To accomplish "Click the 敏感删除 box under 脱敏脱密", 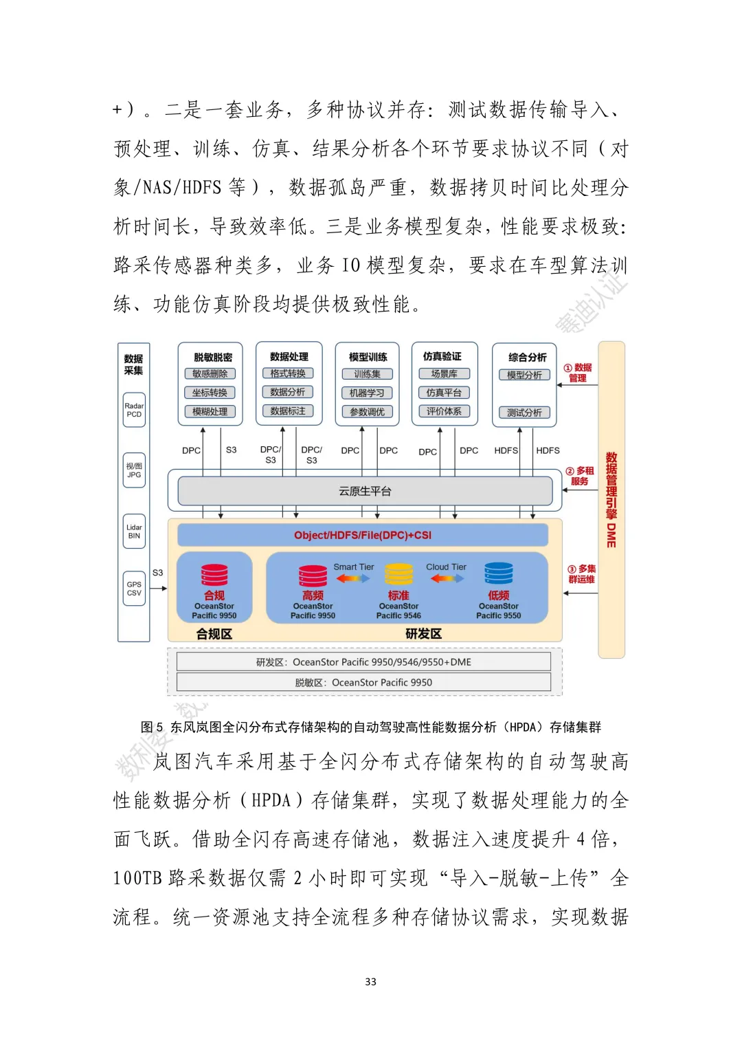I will (210, 373).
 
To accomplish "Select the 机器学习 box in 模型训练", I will (367, 393).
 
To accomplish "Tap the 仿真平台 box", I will (444, 393).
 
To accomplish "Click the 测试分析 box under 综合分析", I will (524, 413).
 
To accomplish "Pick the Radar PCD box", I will (134, 410).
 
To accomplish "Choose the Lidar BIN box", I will (134, 532).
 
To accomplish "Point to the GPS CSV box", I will (134, 589).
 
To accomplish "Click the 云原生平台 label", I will (365, 491).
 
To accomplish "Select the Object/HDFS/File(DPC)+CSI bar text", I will (363, 535).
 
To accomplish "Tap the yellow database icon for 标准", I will (398, 575).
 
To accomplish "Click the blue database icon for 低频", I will (499, 573).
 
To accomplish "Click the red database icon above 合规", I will (214, 575).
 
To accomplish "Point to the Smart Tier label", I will (354, 567).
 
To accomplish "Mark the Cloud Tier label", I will (446, 567).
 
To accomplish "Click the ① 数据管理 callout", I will (578, 373).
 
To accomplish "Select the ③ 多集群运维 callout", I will (581, 574).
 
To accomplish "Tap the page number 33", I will (371, 982).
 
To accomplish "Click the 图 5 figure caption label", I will (152, 728).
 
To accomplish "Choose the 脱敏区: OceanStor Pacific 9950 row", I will (363, 682).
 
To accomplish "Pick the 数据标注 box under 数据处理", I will (288, 411).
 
